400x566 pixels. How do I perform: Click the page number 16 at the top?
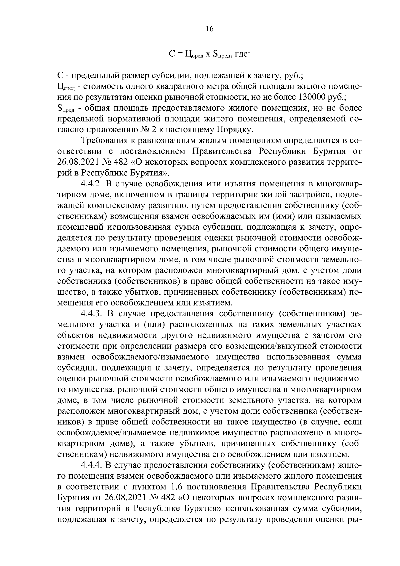(209, 29)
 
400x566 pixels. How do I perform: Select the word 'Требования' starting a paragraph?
(109, 141)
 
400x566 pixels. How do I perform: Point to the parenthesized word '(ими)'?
(283, 216)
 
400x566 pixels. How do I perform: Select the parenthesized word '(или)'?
(150, 324)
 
